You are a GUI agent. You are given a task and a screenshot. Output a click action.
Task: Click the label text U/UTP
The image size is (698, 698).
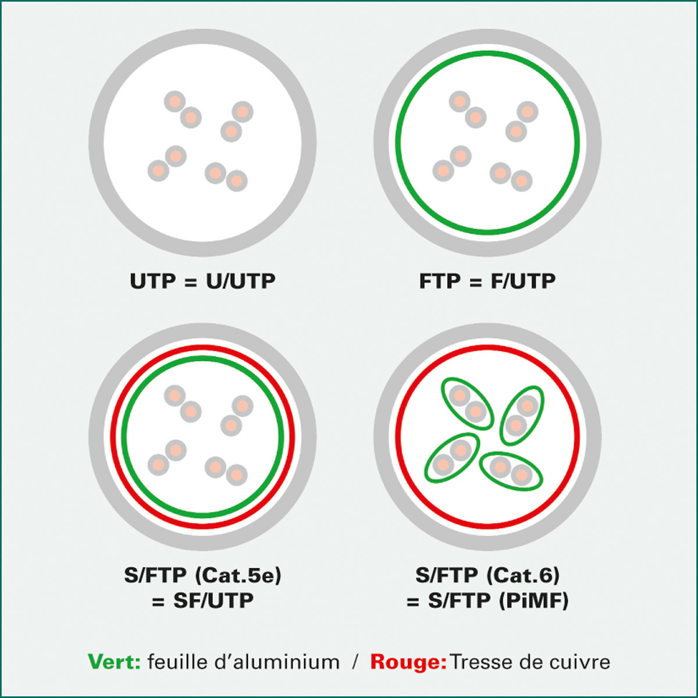pyautogui.click(x=241, y=281)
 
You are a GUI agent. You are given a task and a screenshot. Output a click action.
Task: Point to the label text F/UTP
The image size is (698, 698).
pyautogui.click(x=523, y=281)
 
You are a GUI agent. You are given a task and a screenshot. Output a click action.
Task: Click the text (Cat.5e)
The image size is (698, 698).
pyautogui.click(x=238, y=575)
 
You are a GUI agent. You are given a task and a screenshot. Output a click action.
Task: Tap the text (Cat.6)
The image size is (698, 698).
pyautogui.click(x=523, y=575)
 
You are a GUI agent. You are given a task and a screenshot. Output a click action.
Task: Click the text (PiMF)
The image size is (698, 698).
pyautogui.click(x=534, y=601)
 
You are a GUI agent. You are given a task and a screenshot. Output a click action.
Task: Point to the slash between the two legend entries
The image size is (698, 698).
pyautogui.click(x=355, y=663)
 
